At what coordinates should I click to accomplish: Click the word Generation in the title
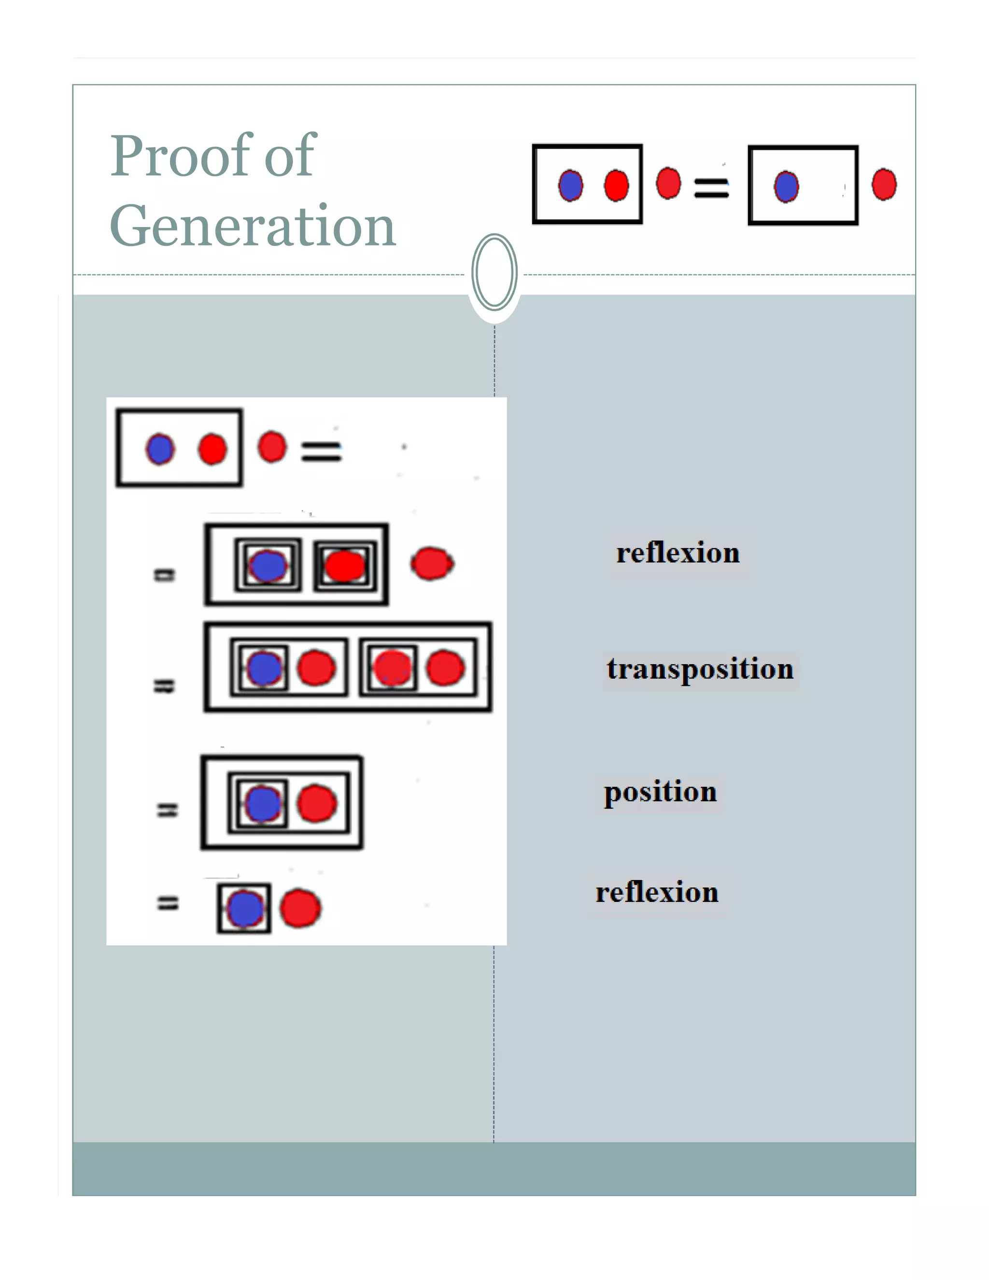(x=253, y=226)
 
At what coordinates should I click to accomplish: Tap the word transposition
(x=700, y=669)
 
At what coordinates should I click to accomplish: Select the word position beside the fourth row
(x=660, y=792)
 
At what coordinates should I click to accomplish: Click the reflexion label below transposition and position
(x=657, y=893)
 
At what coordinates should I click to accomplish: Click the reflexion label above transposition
(x=678, y=553)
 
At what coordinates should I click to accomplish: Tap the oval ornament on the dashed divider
(x=494, y=272)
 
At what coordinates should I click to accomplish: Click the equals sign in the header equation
(x=711, y=187)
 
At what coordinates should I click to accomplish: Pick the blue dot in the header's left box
(x=570, y=186)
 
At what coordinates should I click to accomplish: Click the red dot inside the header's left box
(x=616, y=186)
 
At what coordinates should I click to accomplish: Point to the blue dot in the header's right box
(x=786, y=187)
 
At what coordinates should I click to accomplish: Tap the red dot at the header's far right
(x=884, y=185)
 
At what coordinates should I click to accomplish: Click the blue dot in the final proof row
(x=244, y=909)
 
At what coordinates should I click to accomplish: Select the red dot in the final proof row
(x=300, y=909)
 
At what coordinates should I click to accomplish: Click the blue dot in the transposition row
(x=264, y=668)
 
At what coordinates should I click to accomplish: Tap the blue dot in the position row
(x=263, y=804)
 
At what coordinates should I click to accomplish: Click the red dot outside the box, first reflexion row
(x=432, y=563)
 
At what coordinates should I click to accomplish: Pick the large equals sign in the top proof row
(x=321, y=451)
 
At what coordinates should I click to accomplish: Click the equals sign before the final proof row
(x=168, y=903)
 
